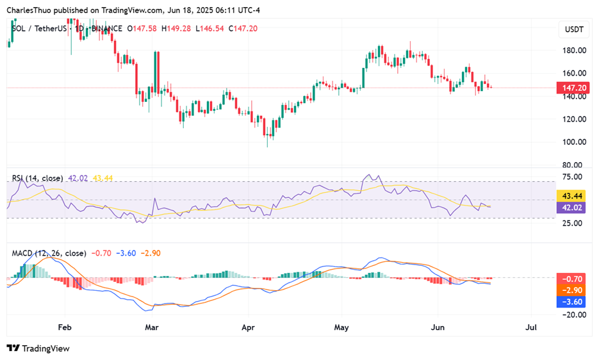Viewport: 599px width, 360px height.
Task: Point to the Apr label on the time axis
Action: (x=248, y=327)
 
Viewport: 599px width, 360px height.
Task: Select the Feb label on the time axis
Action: (x=64, y=327)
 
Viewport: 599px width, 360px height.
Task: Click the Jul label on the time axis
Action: (x=531, y=327)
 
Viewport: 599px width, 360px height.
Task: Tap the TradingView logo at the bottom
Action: (x=38, y=348)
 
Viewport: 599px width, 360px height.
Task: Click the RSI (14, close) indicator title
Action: (x=37, y=178)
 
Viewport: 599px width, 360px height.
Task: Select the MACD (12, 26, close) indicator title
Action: (x=49, y=253)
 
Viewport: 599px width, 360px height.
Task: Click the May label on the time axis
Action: (x=341, y=327)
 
